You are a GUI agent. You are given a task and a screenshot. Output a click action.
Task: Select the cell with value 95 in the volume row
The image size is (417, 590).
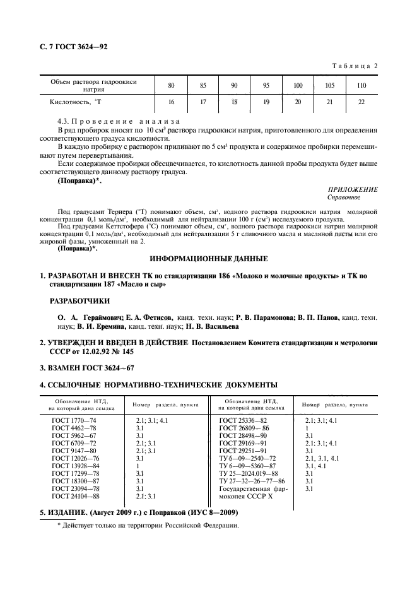(x=266, y=85)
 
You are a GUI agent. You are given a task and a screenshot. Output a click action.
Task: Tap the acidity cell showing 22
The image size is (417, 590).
(x=361, y=102)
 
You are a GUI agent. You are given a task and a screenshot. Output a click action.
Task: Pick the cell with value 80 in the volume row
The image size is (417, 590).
(x=171, y=85)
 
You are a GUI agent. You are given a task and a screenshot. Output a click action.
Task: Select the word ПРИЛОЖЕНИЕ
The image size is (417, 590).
(x=353, y=189)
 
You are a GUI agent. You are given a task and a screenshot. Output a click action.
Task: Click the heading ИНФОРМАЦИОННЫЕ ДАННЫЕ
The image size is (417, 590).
(x=208, y=259)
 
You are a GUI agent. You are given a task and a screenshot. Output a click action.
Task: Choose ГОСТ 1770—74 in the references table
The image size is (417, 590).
(x=75, y=420)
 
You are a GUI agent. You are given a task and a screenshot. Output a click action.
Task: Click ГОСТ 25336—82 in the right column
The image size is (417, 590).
(x=243, y=420)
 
